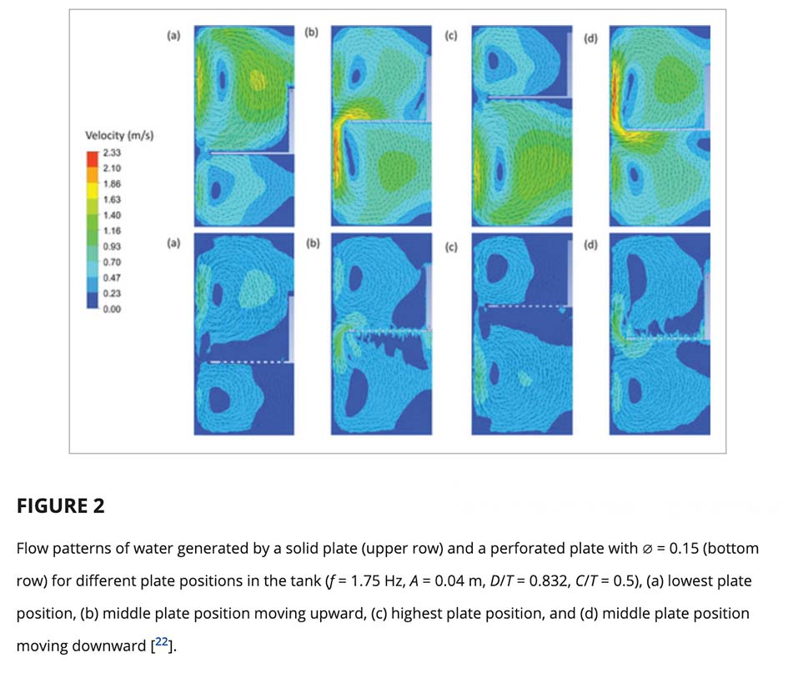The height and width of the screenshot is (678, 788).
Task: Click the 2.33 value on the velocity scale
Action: point(110,152)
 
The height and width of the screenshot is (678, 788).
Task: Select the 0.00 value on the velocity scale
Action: point(110,309)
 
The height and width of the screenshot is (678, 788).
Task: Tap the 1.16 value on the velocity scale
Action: point(110,230)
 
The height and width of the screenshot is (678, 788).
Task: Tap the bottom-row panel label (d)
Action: point(590,244)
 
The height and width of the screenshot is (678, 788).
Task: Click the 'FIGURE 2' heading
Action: point(61,505)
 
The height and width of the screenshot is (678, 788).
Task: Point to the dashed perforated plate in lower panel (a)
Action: point(242,362)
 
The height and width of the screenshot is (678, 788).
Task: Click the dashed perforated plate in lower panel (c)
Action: point(521,306)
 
